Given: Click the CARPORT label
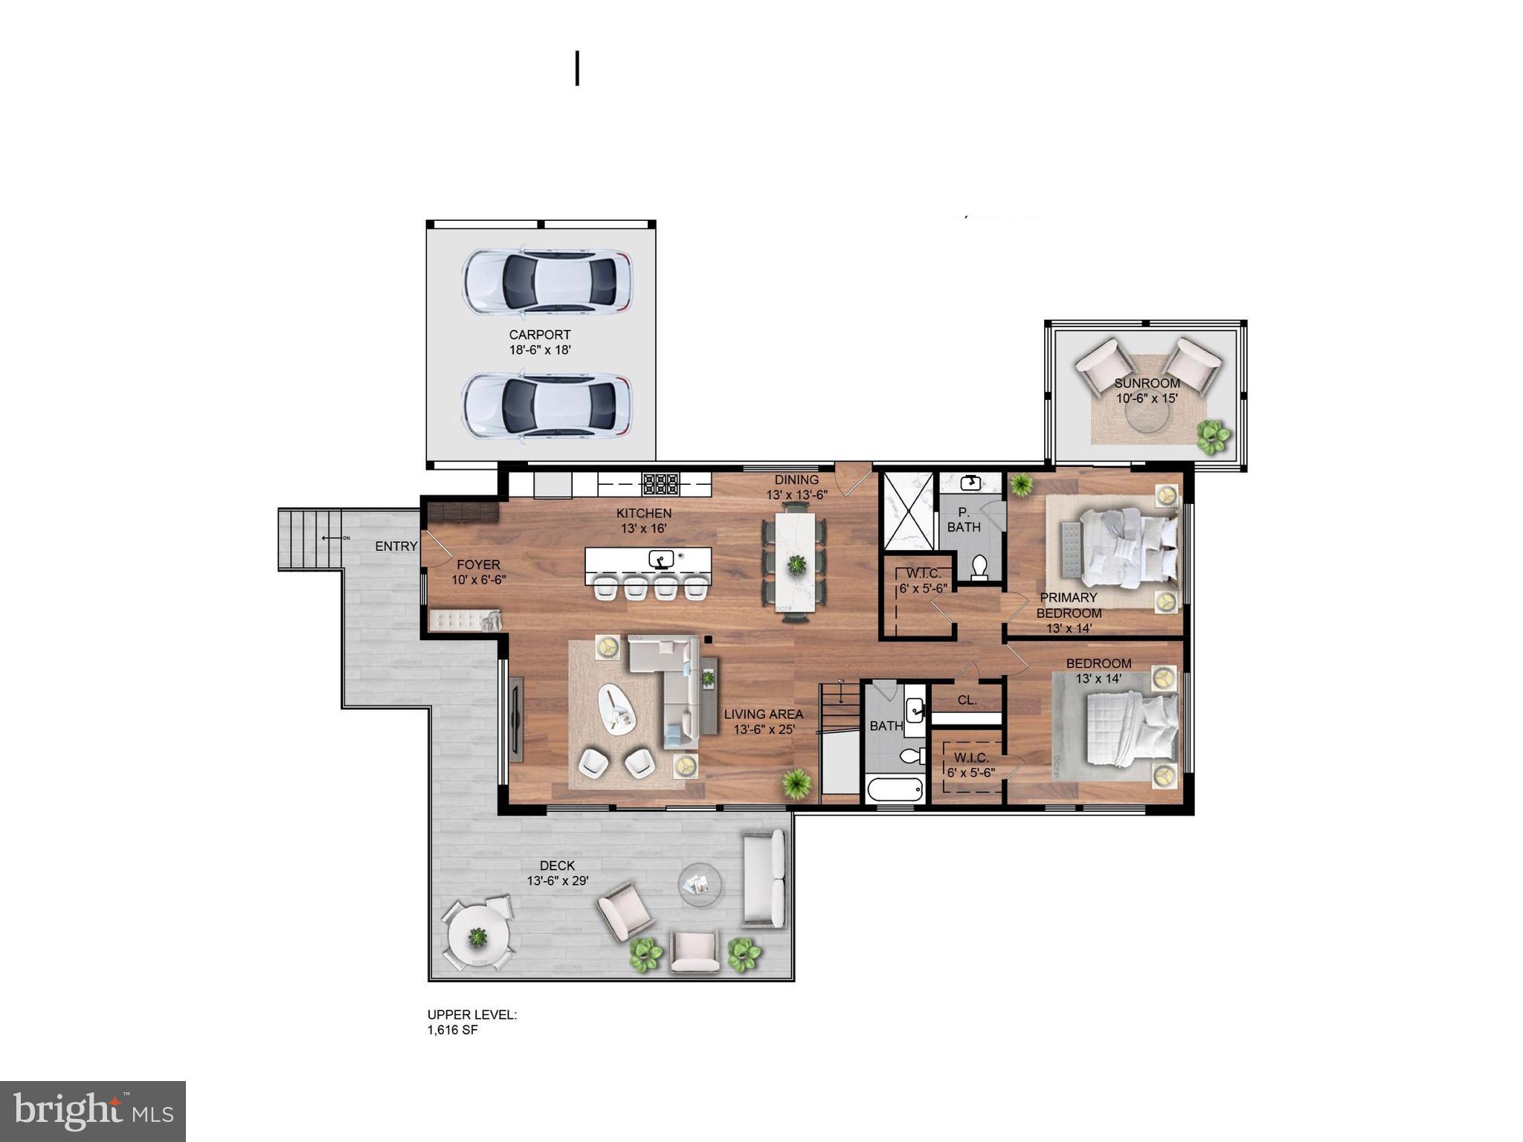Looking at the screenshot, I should [540, 335].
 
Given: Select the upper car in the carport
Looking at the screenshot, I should [547, 281].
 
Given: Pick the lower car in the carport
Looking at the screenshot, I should [547, 406].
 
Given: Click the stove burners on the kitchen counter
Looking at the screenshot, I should [660, 485].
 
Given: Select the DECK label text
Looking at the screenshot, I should [557, 865].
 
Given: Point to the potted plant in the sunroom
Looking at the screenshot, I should [1212, 436].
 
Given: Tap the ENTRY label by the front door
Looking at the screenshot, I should [396, 546].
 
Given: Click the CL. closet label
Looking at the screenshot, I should [967, 700].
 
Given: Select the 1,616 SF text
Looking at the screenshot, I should [452, 1030].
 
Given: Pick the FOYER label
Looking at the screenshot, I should [478, 565].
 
